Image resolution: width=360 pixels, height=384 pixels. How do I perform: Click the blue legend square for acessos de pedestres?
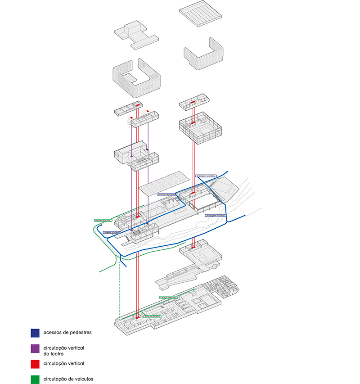pos(35,333)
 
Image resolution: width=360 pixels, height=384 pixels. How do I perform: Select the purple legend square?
pos(35,348)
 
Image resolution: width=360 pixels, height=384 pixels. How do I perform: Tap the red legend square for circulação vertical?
pos(35,363)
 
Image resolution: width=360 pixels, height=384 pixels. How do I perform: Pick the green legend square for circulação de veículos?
pos(35,379)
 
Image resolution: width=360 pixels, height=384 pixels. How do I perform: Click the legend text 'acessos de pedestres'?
pos(67,333)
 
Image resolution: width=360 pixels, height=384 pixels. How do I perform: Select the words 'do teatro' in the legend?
pos(54,354)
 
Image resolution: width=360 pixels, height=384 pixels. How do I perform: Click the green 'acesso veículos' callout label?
pos(102,221)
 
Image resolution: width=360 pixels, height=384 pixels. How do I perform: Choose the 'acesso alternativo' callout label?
pos(166,195)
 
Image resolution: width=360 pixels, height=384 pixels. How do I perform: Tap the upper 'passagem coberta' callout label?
pos(206,175)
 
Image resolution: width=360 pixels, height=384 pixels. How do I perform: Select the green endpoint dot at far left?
pos(99,272)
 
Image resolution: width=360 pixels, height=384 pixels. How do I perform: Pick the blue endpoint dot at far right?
pos(244,216)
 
